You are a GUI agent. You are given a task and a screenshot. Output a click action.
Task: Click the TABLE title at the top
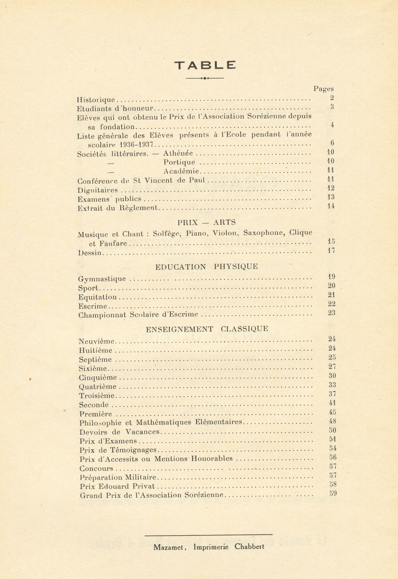click(205, 65)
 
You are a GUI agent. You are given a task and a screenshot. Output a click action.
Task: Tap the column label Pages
click(323, 89)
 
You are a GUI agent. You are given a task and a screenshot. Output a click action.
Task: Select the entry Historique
click(96, 100)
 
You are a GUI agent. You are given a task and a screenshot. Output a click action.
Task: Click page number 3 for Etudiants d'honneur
click(332, 107)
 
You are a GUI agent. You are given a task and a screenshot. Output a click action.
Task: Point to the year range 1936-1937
click(136, 145)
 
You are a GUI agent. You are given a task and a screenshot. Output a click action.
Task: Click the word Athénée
click(178, 153)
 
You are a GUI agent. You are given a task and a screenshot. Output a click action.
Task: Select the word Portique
click(179, 162)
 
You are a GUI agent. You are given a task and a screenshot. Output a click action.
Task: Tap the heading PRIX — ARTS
click(206, 222)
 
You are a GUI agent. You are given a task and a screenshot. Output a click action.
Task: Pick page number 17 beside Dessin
click(331, 250)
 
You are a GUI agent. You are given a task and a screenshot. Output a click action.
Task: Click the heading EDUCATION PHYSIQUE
click(206, 267)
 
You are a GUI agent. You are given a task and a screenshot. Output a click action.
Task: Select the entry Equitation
click(97, 297)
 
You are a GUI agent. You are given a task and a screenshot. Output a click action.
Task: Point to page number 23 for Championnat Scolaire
click(332, 313)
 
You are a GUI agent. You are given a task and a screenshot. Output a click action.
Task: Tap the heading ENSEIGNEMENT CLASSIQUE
click(207, 329)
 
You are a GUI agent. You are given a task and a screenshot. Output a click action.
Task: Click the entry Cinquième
click(98, 378)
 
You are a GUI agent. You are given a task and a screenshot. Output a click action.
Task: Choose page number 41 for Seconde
click(332, 403)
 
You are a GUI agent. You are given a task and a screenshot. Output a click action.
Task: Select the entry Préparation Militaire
click(118, 477)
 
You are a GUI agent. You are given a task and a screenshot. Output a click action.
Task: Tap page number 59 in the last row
click(333, 494)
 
